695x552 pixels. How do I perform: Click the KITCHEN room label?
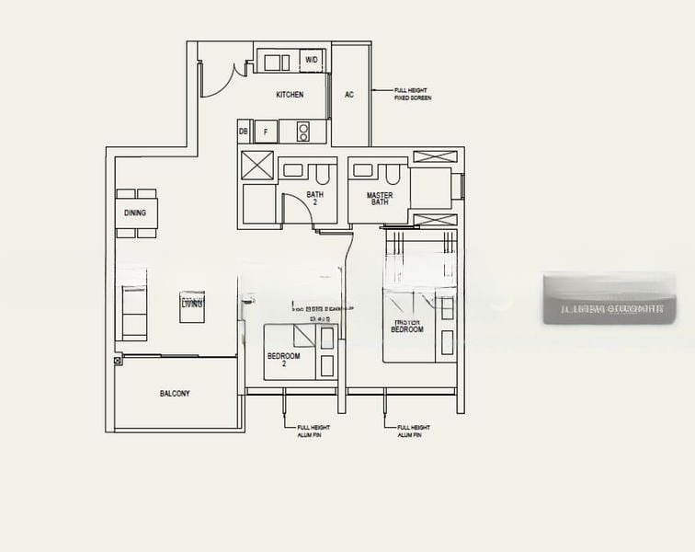pos(290,95)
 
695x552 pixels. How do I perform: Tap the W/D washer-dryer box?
pos(313,61)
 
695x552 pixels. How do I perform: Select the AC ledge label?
pos(349,95)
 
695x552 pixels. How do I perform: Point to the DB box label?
pos(244,132)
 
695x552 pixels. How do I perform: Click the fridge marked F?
pos(266,132)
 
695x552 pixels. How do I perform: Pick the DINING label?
pos(135,213)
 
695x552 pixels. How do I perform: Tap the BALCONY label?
pos(175,394)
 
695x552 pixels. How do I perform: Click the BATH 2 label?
pos(314,198)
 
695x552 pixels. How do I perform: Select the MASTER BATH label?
pos(379,199)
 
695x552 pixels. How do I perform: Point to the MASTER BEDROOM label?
pos(406,325)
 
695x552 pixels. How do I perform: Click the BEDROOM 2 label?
pos(283,360)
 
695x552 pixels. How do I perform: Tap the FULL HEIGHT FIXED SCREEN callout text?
pos(412,94)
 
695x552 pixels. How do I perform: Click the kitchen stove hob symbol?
pos(303,132)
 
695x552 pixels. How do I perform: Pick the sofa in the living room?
pos(134,311)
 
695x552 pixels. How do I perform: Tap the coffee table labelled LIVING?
pos(192,306)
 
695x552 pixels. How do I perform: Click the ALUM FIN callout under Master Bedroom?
pos(414,431)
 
